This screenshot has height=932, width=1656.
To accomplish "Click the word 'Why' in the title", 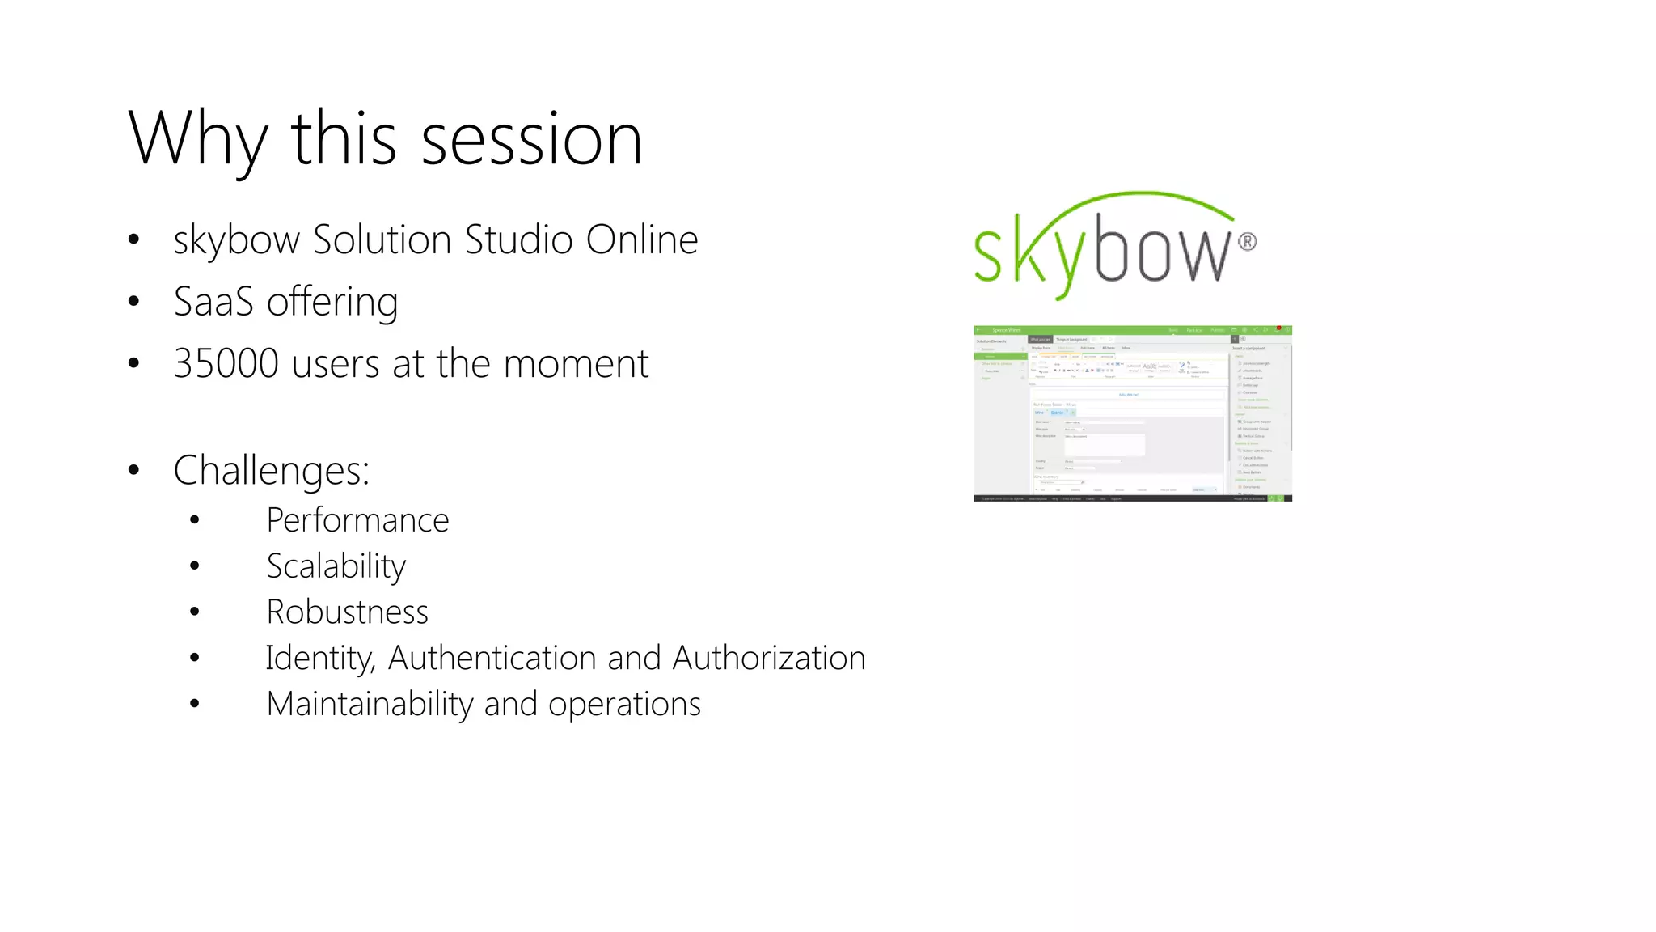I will tap(197, 139).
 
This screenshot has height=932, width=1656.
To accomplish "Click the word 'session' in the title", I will tap(531, 139).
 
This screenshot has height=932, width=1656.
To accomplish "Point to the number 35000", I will tap(226, 363).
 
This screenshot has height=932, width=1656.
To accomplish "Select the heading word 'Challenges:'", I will tap(271, 470).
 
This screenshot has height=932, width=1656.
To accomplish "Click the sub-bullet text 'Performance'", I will tap(357, 520).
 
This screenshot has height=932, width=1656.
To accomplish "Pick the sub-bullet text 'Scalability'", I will tap(336, 566).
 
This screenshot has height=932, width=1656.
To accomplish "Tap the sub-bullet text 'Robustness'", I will tap(347, 612).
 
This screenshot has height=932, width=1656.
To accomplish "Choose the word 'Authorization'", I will tap(768, 658).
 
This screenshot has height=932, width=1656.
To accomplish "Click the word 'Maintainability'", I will tap(370, 704).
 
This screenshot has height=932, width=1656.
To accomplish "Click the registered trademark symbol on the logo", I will tap(1248, 241).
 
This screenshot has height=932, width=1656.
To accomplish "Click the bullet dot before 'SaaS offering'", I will tap(134, 302).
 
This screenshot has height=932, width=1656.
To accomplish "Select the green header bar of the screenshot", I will tap(1132, 330).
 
